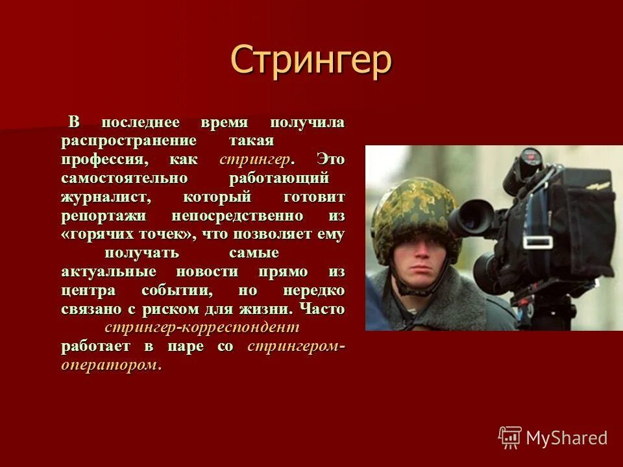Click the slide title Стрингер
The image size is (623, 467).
(x=311, y=60)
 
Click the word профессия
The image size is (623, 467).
(x=105, y=160)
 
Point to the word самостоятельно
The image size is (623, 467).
(x=125, y=178)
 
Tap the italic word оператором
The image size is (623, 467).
(x=110, y=365)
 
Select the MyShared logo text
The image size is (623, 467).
(x=567, y=438)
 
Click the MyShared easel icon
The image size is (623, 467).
(x=509, y=438)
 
